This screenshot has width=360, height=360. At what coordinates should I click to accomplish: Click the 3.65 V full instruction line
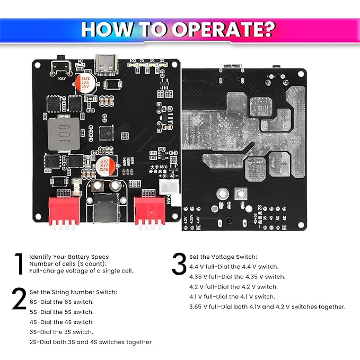pos(267,306)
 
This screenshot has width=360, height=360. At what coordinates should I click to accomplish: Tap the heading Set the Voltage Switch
pos(223,257)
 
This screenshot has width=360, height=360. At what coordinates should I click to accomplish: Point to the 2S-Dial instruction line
pos(90,342)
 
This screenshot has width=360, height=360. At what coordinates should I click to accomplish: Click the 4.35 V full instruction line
pos(237,277)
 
